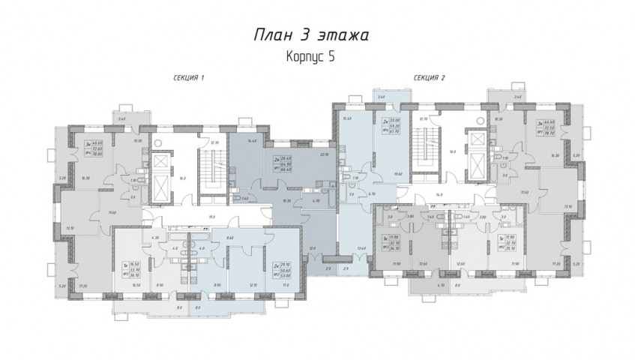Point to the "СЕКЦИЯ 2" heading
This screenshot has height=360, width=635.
click(429, 78)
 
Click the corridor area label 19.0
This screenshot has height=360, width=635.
click(212, 216)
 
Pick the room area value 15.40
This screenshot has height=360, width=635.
click(346, 118)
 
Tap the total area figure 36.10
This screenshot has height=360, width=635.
click(136, 275)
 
